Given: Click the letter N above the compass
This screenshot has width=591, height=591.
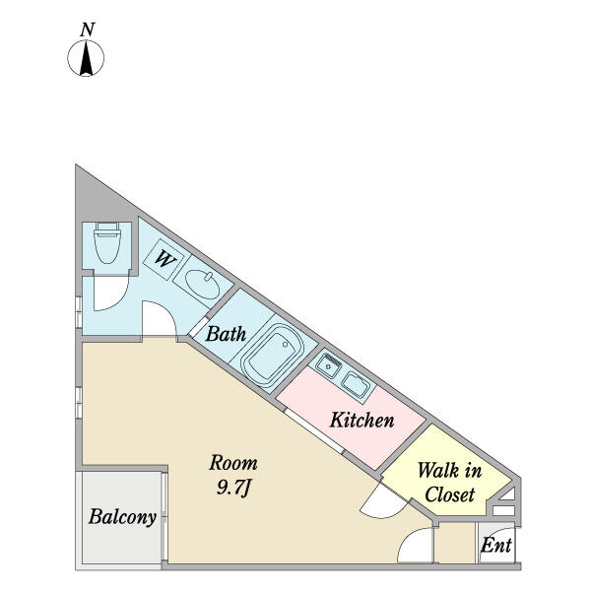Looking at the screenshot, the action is point(87,31).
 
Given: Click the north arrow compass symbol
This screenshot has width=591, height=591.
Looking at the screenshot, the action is point(86,58).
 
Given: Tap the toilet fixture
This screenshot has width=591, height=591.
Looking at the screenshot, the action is point(107,242).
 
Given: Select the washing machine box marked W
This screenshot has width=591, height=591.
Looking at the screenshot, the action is point(164,259).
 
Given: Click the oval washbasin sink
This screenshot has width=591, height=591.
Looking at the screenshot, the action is point(202,285).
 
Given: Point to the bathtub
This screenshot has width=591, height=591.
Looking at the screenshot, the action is point(272,354).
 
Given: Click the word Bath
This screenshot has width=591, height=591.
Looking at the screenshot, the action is point(226,334).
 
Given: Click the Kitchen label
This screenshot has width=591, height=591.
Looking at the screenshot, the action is point(361,420).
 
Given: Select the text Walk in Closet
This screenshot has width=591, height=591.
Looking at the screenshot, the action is point(450,483).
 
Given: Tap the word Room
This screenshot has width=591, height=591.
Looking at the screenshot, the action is point(233,463).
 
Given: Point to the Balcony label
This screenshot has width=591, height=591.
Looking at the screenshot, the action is point(122,517).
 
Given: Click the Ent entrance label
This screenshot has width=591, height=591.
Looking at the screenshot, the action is point(496,545).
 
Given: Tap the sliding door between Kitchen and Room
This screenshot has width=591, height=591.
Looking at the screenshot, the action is point(313,430).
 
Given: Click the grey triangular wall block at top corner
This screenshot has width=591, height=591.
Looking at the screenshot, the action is point(97,200).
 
